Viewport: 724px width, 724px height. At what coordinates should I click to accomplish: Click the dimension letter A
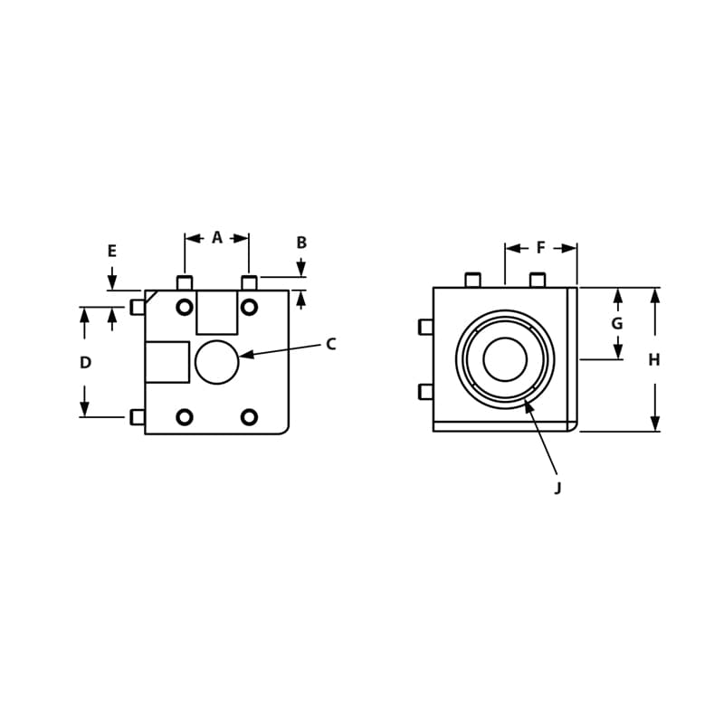217,238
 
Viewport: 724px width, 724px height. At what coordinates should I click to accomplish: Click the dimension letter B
301,243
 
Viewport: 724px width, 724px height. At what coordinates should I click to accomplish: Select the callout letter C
331,344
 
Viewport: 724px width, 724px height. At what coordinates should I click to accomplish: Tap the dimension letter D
85,363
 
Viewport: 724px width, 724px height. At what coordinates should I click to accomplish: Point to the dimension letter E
112,252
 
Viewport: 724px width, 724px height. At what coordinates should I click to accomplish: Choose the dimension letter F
541,248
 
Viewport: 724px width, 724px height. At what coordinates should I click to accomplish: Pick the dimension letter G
617,324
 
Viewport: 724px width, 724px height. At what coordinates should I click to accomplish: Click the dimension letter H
654,360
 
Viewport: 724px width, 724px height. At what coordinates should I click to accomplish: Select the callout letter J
557,488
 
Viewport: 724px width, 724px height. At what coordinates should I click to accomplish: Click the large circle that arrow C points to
217,362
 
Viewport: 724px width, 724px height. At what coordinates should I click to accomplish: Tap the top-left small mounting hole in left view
185,307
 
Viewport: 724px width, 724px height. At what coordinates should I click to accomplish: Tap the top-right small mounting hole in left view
250,307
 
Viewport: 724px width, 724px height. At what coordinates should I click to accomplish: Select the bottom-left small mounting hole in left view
185,417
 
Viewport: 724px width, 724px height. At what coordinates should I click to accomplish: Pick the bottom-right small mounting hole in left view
250,417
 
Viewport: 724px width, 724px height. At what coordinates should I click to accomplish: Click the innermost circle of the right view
505,359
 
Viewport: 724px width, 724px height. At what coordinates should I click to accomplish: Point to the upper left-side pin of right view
426,327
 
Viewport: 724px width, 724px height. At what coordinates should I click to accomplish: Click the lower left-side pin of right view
426,392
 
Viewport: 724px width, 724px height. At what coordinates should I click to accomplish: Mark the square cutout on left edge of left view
167,362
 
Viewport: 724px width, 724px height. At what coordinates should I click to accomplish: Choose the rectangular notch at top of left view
217,312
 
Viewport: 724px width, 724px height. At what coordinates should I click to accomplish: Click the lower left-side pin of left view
138,417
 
